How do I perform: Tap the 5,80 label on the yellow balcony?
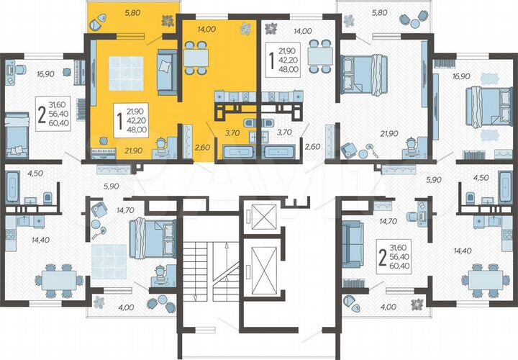pyautogui.click(x=133, y=12)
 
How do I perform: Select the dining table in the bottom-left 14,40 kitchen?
pyautogui.click(x=56, y=277)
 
